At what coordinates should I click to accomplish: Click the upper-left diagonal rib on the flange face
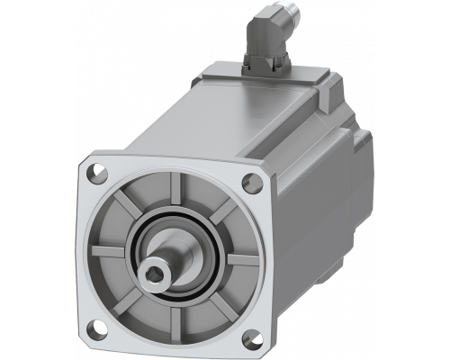[127, 206]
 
